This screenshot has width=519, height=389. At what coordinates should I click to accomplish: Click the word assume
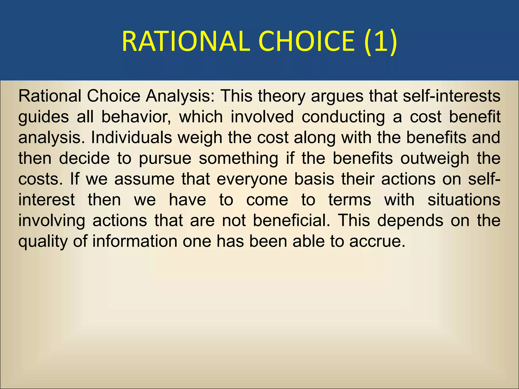point(144,180)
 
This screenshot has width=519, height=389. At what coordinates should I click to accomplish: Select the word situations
point(464,200)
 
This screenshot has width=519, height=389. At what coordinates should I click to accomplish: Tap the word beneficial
point(291,221)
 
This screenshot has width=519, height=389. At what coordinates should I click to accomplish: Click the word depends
point(410,221)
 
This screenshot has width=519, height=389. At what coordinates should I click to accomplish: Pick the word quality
point(43,242)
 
